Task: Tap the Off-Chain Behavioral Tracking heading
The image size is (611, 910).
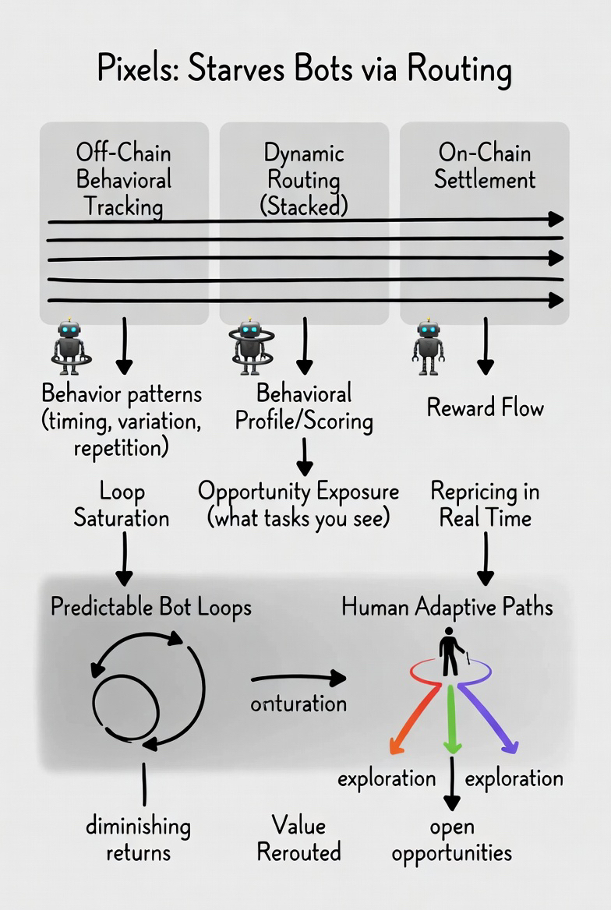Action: tap(123, 178)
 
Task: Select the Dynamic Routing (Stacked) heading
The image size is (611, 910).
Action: tap(304, 178)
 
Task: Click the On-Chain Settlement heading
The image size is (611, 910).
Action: tap(485, 165)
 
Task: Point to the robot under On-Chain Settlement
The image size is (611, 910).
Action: tap(428, 345)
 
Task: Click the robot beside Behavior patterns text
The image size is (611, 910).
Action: tap(71, 345)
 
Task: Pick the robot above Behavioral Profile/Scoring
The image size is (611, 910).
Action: tap(250, 345)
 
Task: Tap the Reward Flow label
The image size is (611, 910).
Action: tap(485, 407)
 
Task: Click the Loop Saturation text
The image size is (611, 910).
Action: tap(122, 505)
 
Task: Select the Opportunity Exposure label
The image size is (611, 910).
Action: tap(298, 505)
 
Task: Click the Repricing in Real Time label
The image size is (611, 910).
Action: tap(485, 505)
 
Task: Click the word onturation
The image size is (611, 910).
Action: tap(298, 703)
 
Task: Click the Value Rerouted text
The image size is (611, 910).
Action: tap(298, 838)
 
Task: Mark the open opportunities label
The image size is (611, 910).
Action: tap(452, 839)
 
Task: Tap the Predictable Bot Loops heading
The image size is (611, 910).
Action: tap(151, 607)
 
